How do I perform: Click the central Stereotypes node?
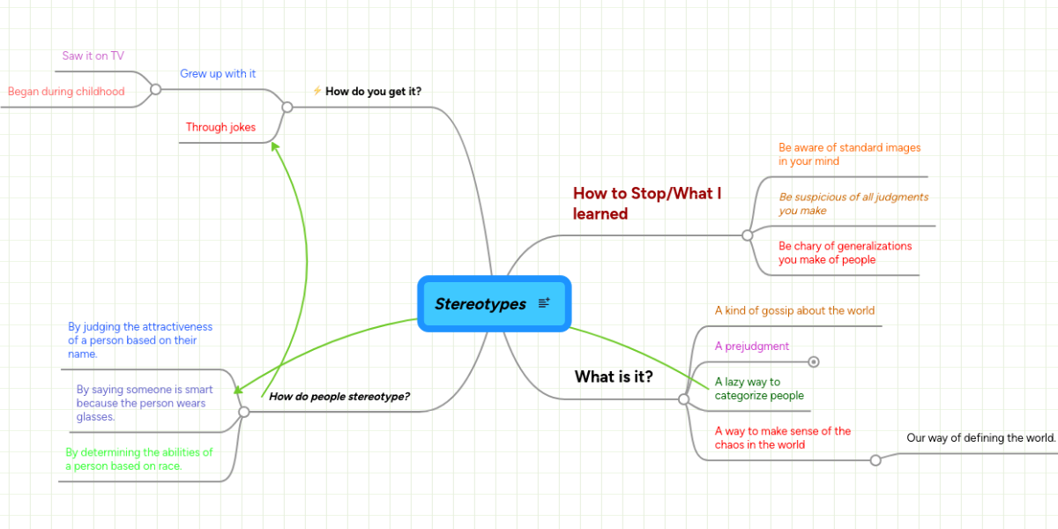tap(481, 303)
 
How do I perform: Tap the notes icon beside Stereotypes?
tap(544, 302)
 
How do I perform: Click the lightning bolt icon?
tap(317, 90)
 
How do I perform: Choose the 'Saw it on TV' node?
tap(93, 56)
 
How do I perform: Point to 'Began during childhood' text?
tap(66, 91)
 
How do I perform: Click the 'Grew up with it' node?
tap(218, 74)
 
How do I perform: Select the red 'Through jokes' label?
tap(220, 127)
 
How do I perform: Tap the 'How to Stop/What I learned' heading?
tap(647, 204)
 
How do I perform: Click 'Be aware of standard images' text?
tap(849, 154)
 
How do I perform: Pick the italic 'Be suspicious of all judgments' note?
tap(853, 204)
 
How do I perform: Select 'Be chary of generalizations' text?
tap(845, 253)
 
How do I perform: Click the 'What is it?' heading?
tap(614, 376)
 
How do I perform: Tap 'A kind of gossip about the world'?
tap(794, 310)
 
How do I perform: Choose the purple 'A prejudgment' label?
tap(752, 346)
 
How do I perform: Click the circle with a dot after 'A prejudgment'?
tap(814, 361)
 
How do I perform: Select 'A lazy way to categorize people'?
tap(759, 389)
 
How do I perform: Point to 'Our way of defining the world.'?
tap(980, 438)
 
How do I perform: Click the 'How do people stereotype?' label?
tap(339, 397)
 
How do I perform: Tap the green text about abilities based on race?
tap(139, 459)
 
